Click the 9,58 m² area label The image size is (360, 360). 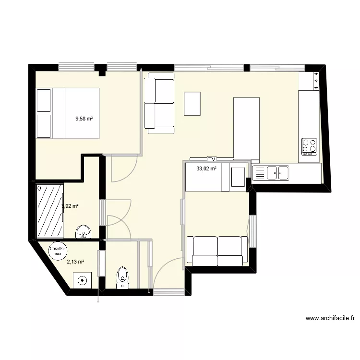coord(84,119)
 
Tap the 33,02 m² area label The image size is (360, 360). coord(206,168)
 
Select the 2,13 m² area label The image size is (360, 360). coord(75,262)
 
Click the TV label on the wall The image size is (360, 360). coord(211,158)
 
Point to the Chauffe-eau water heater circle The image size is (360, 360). coord(59,251)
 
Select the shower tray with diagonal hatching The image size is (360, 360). coord(50,210)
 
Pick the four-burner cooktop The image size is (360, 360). coord(309,146)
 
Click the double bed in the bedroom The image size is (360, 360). coord(76,113)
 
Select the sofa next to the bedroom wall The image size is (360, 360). coord(160,103)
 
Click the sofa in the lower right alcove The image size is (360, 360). coord(217,251)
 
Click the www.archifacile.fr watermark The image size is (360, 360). coord(330,318)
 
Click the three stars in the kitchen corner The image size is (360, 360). coord(315,81)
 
